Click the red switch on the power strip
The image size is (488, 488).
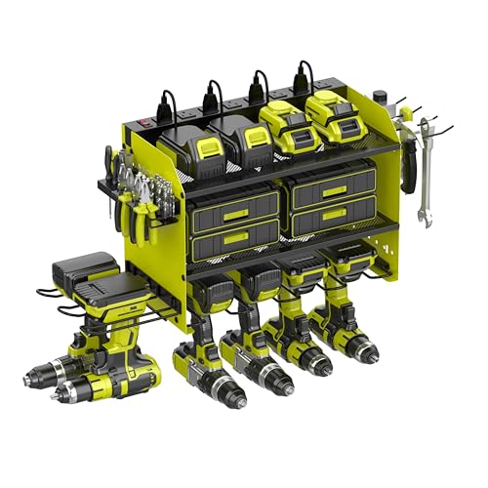point(148,125)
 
